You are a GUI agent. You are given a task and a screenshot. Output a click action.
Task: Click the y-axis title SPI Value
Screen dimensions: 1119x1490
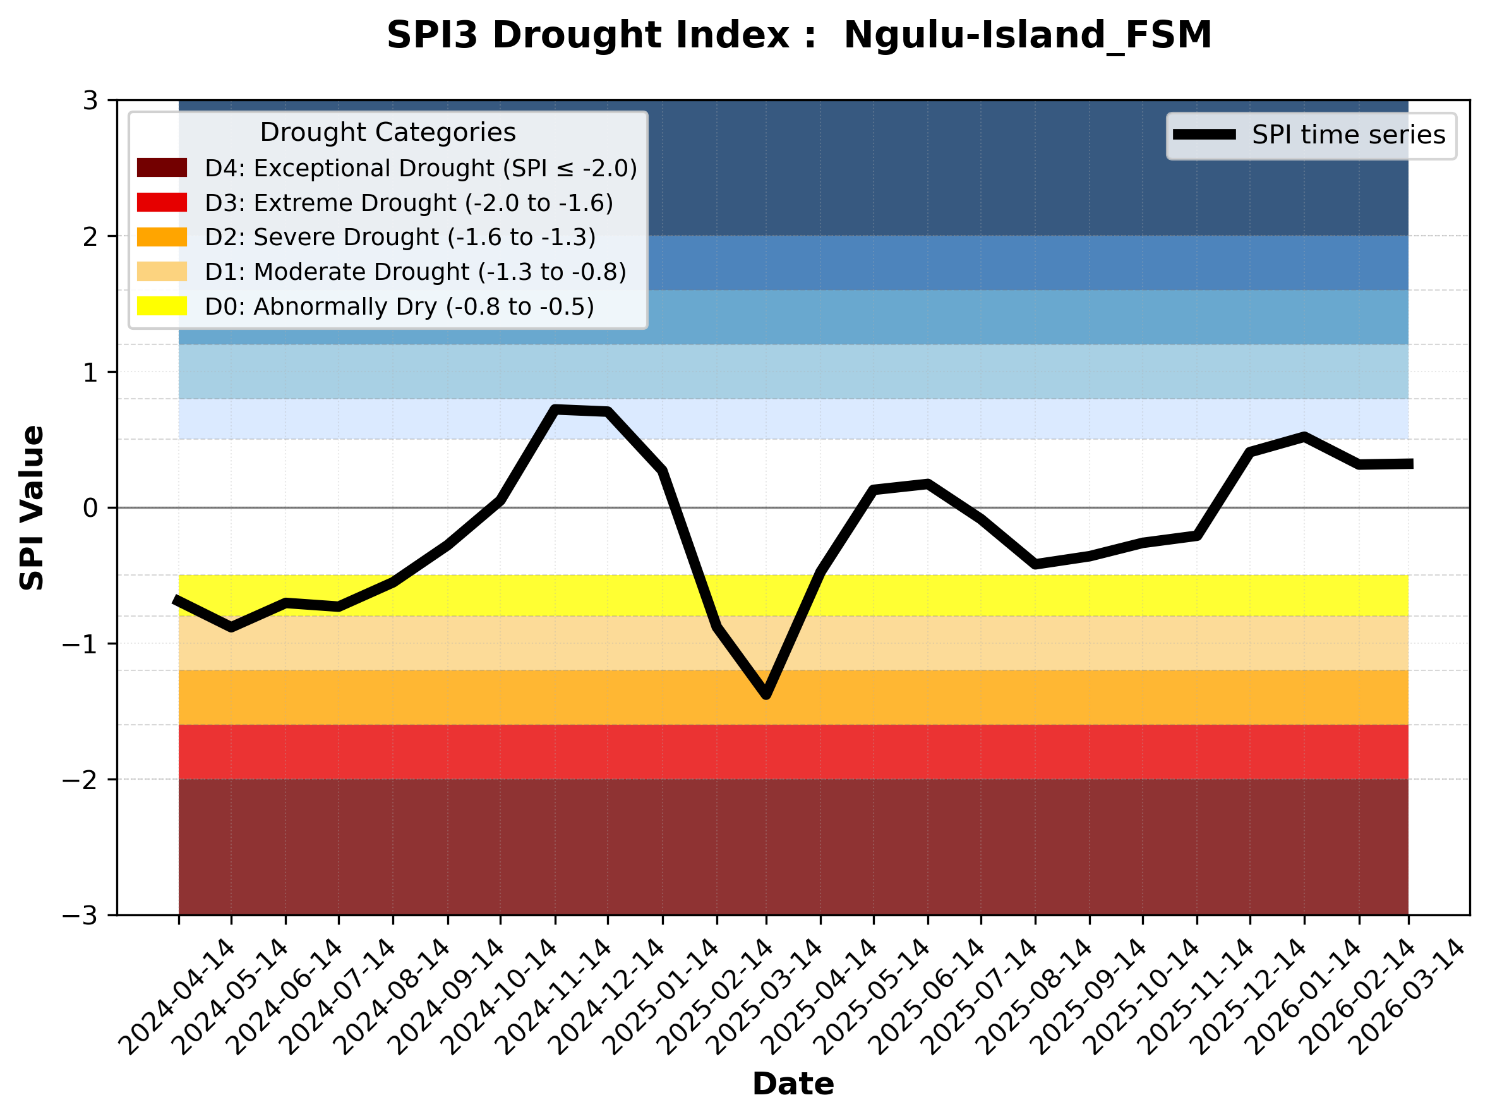32,508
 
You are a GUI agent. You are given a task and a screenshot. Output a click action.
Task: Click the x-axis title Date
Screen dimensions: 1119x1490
793,1084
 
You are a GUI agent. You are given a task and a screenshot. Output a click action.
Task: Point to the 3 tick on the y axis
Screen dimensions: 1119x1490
91,101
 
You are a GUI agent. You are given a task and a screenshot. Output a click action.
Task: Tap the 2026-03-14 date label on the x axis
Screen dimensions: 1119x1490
1409,997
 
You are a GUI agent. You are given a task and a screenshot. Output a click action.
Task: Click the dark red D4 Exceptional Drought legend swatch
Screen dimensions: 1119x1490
162,167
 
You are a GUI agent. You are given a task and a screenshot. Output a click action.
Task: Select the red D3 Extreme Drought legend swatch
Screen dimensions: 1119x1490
162,202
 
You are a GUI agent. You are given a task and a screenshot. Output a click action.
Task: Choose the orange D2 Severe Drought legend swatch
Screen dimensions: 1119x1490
162,237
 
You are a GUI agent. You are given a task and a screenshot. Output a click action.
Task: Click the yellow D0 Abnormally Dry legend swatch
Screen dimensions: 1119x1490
162,306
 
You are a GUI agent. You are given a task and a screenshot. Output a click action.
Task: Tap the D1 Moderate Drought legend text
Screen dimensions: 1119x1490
416,272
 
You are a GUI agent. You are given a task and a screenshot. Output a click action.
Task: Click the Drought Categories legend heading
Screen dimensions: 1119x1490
388,133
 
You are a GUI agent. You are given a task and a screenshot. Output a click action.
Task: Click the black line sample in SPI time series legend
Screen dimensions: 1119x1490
1205,135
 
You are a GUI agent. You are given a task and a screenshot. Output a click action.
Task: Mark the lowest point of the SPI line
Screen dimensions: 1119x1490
766,694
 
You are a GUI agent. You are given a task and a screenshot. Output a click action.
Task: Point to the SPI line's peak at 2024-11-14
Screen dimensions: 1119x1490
555,409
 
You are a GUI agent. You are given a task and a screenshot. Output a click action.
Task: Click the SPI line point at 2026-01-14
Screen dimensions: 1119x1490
1305,437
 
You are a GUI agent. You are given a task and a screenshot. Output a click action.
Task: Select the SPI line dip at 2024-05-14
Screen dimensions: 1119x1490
232,627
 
